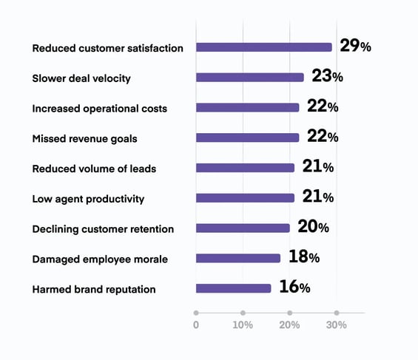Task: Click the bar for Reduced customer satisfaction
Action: pyautogui.click(x=263, y=47)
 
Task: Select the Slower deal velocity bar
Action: pyautogui.click(x=249, y=78)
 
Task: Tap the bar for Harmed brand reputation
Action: pyautogui.click(x=233, y=288)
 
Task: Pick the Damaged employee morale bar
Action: pyautogui.click(x=237, y=258)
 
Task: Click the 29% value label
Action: pyautogui.click(x=355, y=47)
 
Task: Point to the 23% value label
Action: pyautogui.click(x=327, y=76)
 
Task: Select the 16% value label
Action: pyautogui.click(x=294, y=288)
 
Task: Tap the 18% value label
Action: pyautogui.click(x=303, y=257)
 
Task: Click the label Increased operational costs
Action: pyautogui.click(x=99, y=109)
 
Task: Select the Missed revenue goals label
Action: pyautogui.click(x=84, y=138)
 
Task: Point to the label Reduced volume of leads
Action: pyautogui.click(x=94, y=169)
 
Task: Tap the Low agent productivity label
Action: pyautogui.click(x=88, y=199)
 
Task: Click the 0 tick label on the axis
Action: pyautogui.click(x=196, y=325)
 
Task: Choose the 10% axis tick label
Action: pyautogui.click(x=243, y=325)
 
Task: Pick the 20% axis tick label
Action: pyautogui.click(x=290, y=325)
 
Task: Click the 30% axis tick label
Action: pyautogui.click(x=337, y=325)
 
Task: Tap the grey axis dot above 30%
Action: pyautogui.click(x=337, y=313)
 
